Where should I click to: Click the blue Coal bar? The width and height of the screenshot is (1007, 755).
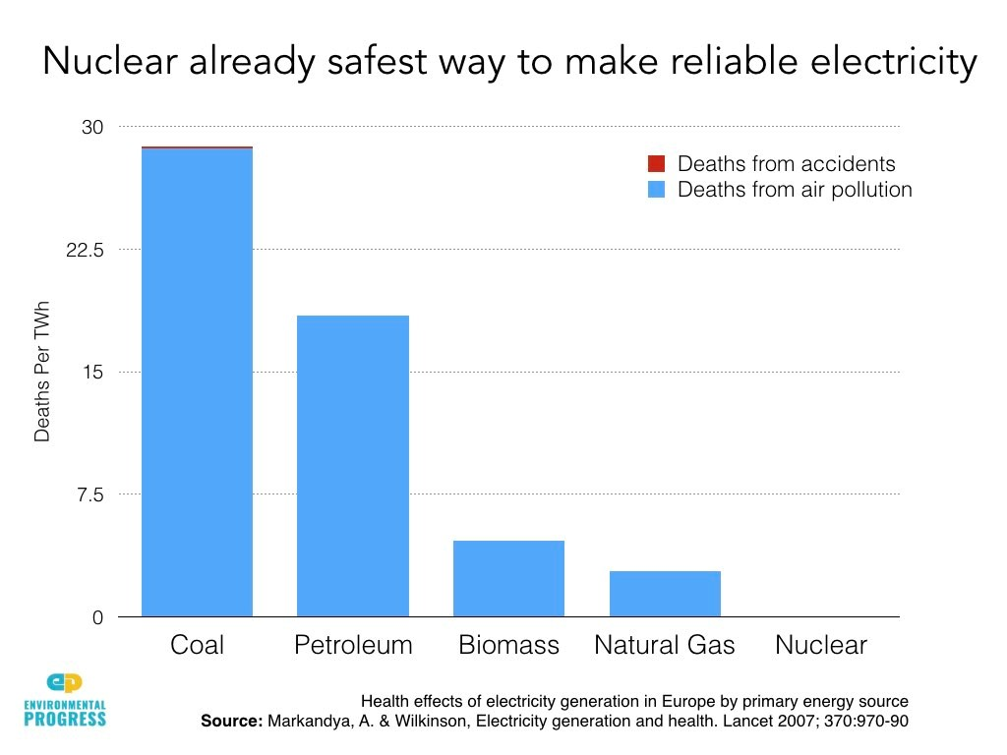[197, 383]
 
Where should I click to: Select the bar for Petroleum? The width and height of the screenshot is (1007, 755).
[352, 466]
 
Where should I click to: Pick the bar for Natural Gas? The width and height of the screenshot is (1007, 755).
[665, 594]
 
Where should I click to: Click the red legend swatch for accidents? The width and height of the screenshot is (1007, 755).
[657, 163]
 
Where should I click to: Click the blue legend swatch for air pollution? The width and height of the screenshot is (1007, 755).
[657, 189]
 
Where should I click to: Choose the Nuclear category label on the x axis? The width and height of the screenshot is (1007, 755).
[821, 645]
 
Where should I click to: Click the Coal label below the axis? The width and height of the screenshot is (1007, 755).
[197, 645]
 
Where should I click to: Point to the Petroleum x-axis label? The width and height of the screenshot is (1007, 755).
[353, 645]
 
